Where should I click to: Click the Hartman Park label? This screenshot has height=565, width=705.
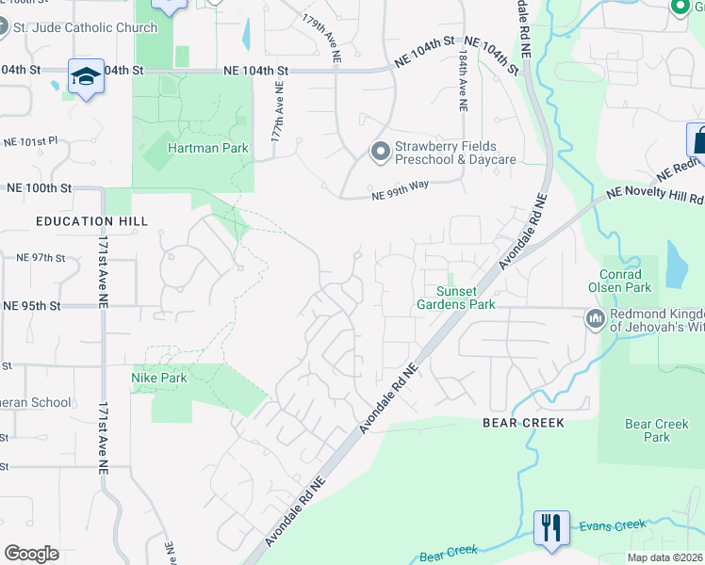[195, 149]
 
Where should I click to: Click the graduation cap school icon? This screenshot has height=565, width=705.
[85, 76]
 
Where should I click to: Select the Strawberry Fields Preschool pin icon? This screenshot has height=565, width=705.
[380, 151]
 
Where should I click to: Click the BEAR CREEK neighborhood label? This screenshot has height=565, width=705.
[523, 423]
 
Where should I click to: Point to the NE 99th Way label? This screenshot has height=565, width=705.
[400, 190]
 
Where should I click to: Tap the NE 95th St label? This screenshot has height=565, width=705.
[31, 306]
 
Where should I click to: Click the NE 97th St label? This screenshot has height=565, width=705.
[41, 257]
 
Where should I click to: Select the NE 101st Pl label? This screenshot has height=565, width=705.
[31, 141]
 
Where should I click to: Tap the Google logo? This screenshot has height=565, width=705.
[31, 554]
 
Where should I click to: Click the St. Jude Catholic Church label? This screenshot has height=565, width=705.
[83, 27]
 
